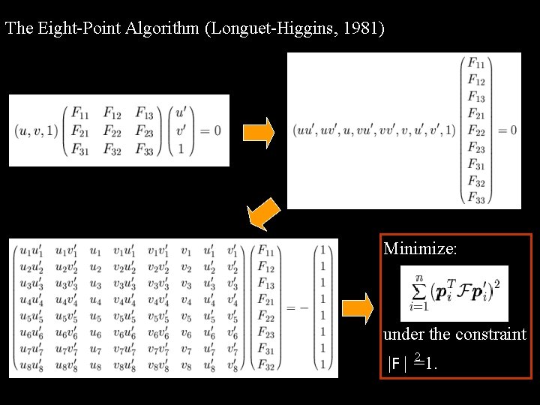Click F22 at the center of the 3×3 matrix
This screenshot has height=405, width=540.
coord(112,130)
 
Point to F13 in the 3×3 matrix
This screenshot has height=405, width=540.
coord(145,114)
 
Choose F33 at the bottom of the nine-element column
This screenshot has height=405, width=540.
coord(475,198)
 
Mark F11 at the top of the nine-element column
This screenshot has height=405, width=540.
coord(475,63)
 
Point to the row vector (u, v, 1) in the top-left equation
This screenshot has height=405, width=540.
coord(35,130)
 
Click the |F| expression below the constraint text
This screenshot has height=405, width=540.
coord(398,365)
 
